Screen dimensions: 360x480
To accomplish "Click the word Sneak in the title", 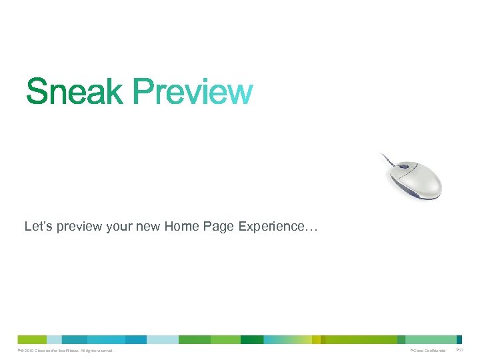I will pyautogui.click(x=74, y=92).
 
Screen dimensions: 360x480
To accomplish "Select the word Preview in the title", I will pyautogui.click(x=193, y=92).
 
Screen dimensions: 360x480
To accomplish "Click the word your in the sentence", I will pyautogui.click(x=121, y=227).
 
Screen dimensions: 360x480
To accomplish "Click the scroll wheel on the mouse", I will pyautogui.click(x=404, y=167).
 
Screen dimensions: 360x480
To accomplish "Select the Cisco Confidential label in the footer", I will pyautogui.click(x=429, y=351).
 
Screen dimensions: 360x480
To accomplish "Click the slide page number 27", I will pyautogui.click(x=460, y=351).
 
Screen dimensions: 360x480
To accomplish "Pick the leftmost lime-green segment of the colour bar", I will pyautogui.click(x=31, y=339).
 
